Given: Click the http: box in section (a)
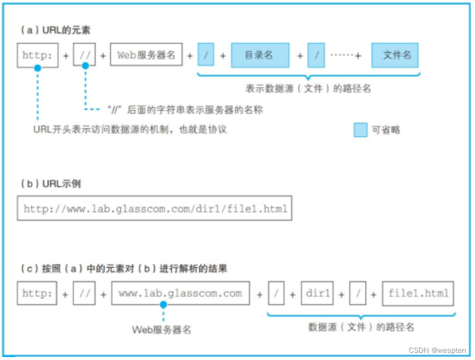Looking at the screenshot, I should [37, 55].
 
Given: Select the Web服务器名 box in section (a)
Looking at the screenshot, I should [146, 55].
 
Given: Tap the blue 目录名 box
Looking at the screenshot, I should [260, 55].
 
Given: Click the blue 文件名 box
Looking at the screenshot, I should [395, 55].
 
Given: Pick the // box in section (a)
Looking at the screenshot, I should [84, 55].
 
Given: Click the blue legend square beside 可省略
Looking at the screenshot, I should [360, 130].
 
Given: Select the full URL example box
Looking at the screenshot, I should [155, 209].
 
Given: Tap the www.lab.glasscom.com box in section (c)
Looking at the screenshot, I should [180, 293].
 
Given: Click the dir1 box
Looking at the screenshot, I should [317, 293].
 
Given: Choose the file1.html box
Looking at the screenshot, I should [418, 293].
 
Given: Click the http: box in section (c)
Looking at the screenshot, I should [37, 293].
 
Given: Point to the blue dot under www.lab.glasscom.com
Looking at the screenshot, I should [163, 305].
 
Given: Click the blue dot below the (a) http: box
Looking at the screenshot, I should [37, 68].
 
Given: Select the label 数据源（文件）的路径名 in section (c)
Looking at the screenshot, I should [361, 327].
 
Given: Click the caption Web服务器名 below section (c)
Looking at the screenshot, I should [161, 329].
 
